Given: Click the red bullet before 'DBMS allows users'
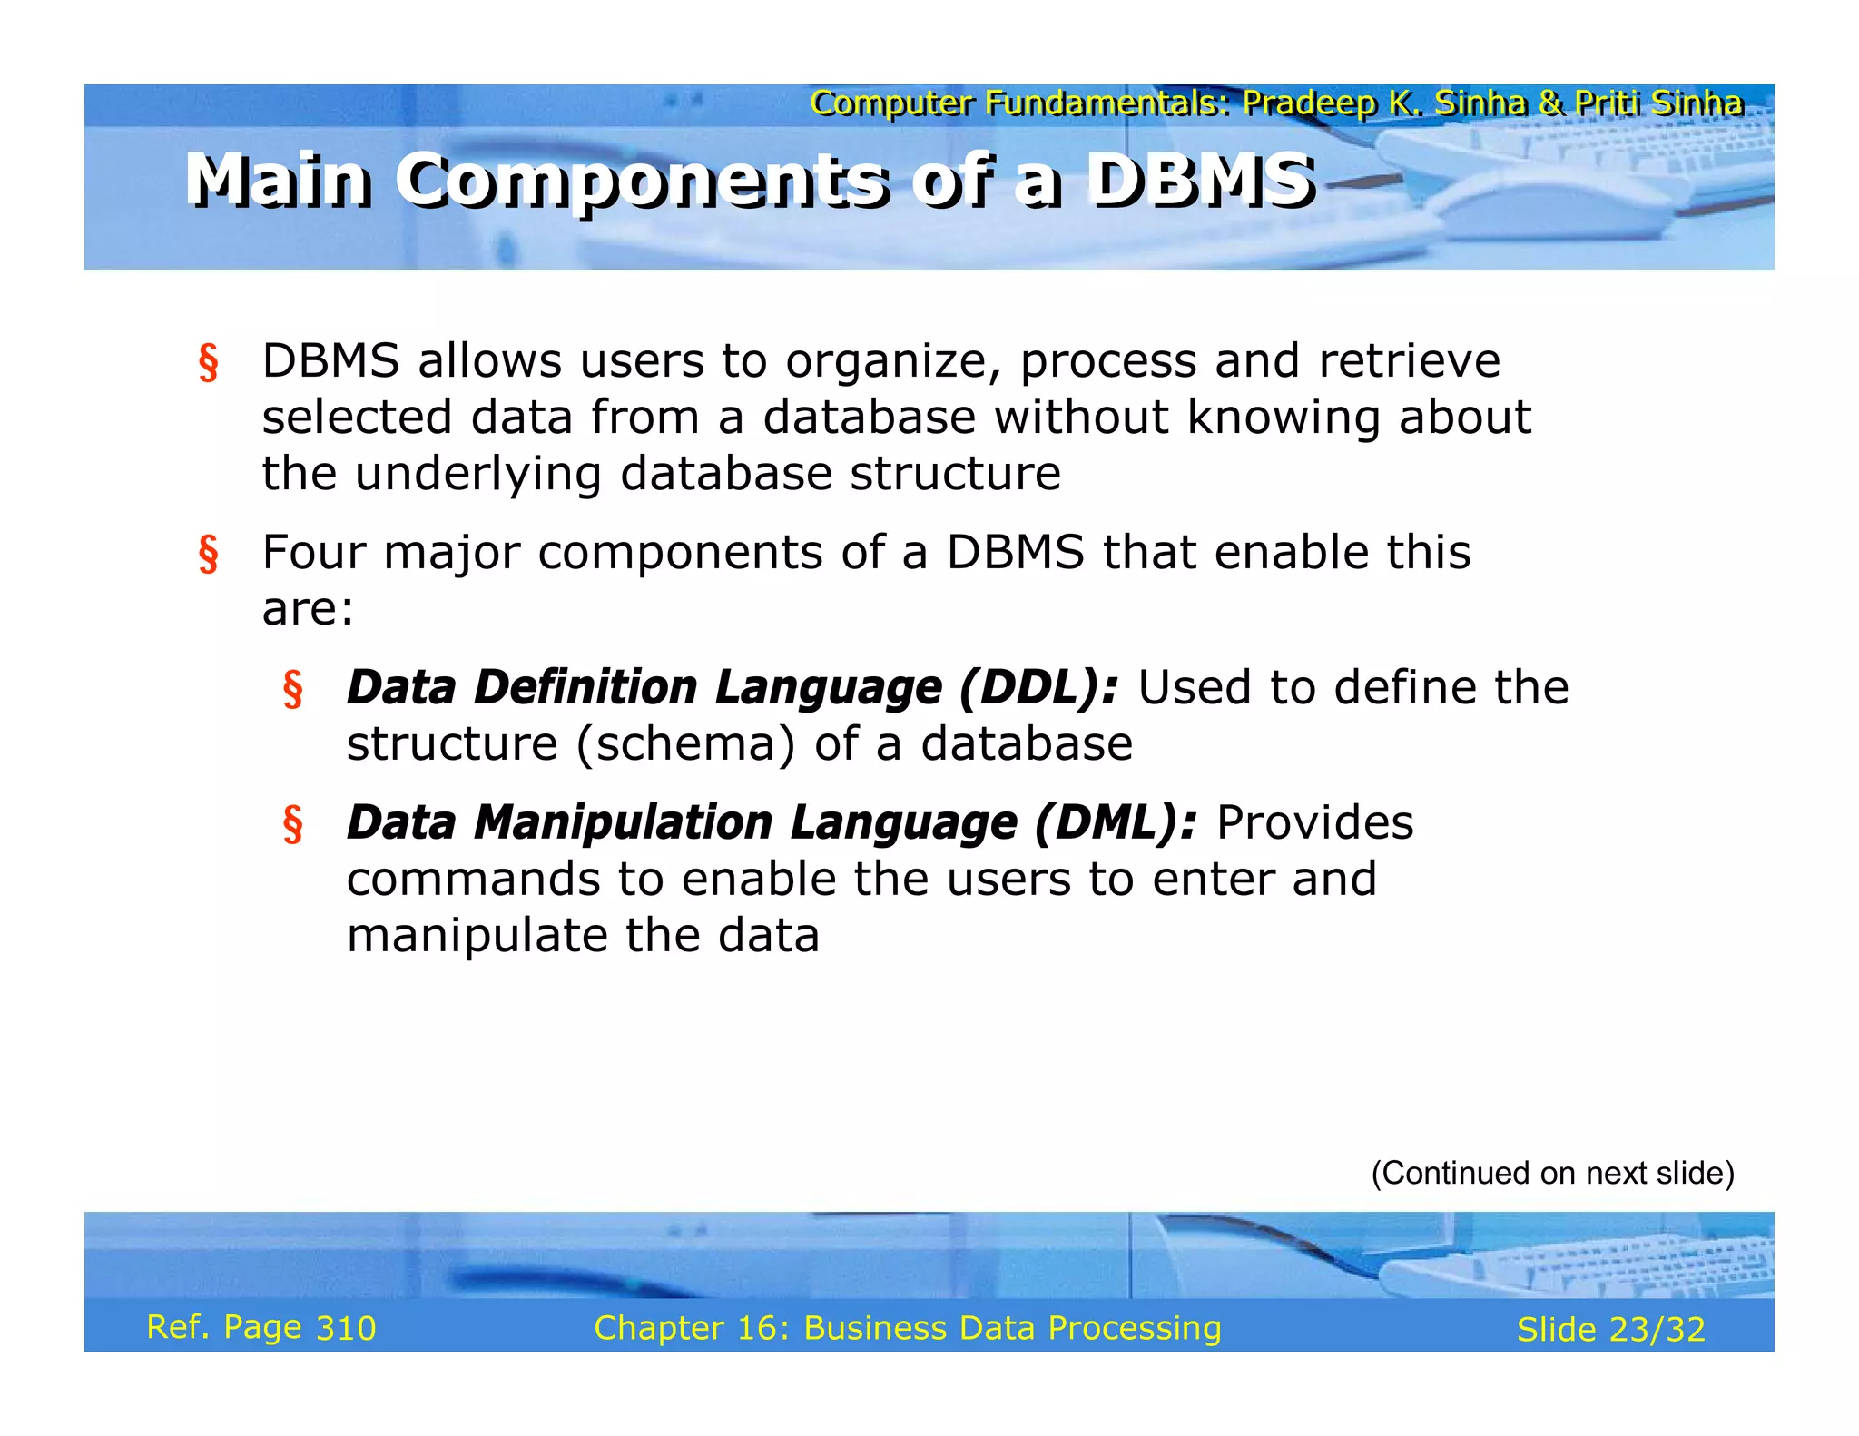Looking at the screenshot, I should pos(208,362).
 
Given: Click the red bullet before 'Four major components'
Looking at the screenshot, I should pos(208,554).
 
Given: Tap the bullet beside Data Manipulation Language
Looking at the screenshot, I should pos(292,823).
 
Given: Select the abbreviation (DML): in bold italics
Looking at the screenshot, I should pos(1115,822).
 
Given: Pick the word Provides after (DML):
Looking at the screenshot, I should pos(1314,822).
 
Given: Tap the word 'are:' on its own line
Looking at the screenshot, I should pos(308,609).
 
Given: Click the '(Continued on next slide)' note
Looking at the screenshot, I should pos(1552,1173).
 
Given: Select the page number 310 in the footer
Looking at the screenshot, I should pos(345,1328).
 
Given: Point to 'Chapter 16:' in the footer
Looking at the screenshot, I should pos(692,1328).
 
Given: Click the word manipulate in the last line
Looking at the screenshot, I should pos(477,936).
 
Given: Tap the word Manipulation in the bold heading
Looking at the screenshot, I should pos(623,822).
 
